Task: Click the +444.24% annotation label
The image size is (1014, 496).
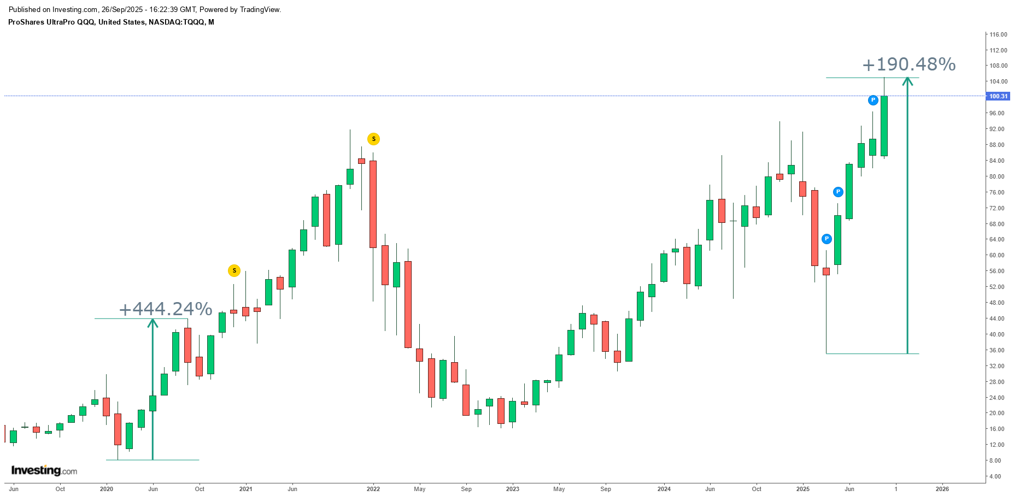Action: [x=165, y=309]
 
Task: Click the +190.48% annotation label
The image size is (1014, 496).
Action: [x=909, y=64]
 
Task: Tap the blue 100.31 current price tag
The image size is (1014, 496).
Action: [x=998, y=96]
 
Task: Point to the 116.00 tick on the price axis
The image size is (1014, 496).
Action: [x=998, y=34]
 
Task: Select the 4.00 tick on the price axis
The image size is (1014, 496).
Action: [x=995, y=476]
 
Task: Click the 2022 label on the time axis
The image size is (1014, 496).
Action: [x=373, y=489]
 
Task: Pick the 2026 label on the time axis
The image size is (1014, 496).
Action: [x=942, y=489]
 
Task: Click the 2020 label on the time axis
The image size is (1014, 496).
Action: [x=107, y=489]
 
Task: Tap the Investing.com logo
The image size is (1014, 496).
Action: [x=44, y=470]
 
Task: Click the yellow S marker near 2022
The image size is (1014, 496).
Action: [x=373, y=139]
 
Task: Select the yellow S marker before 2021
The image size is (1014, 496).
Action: [x=234, y=270]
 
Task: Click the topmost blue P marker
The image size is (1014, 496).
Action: [x=873, y=100]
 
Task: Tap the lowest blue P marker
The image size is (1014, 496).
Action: [x=827, y=239]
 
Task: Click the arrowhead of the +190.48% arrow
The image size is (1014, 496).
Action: [x=907, y=81]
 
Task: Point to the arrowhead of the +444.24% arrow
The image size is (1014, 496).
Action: [x=153, y=323]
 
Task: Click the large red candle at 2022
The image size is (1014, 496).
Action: [x=373, y=204]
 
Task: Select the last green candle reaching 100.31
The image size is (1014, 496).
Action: [x=884, y=126]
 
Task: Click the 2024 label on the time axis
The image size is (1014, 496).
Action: [x=664, y=489]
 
